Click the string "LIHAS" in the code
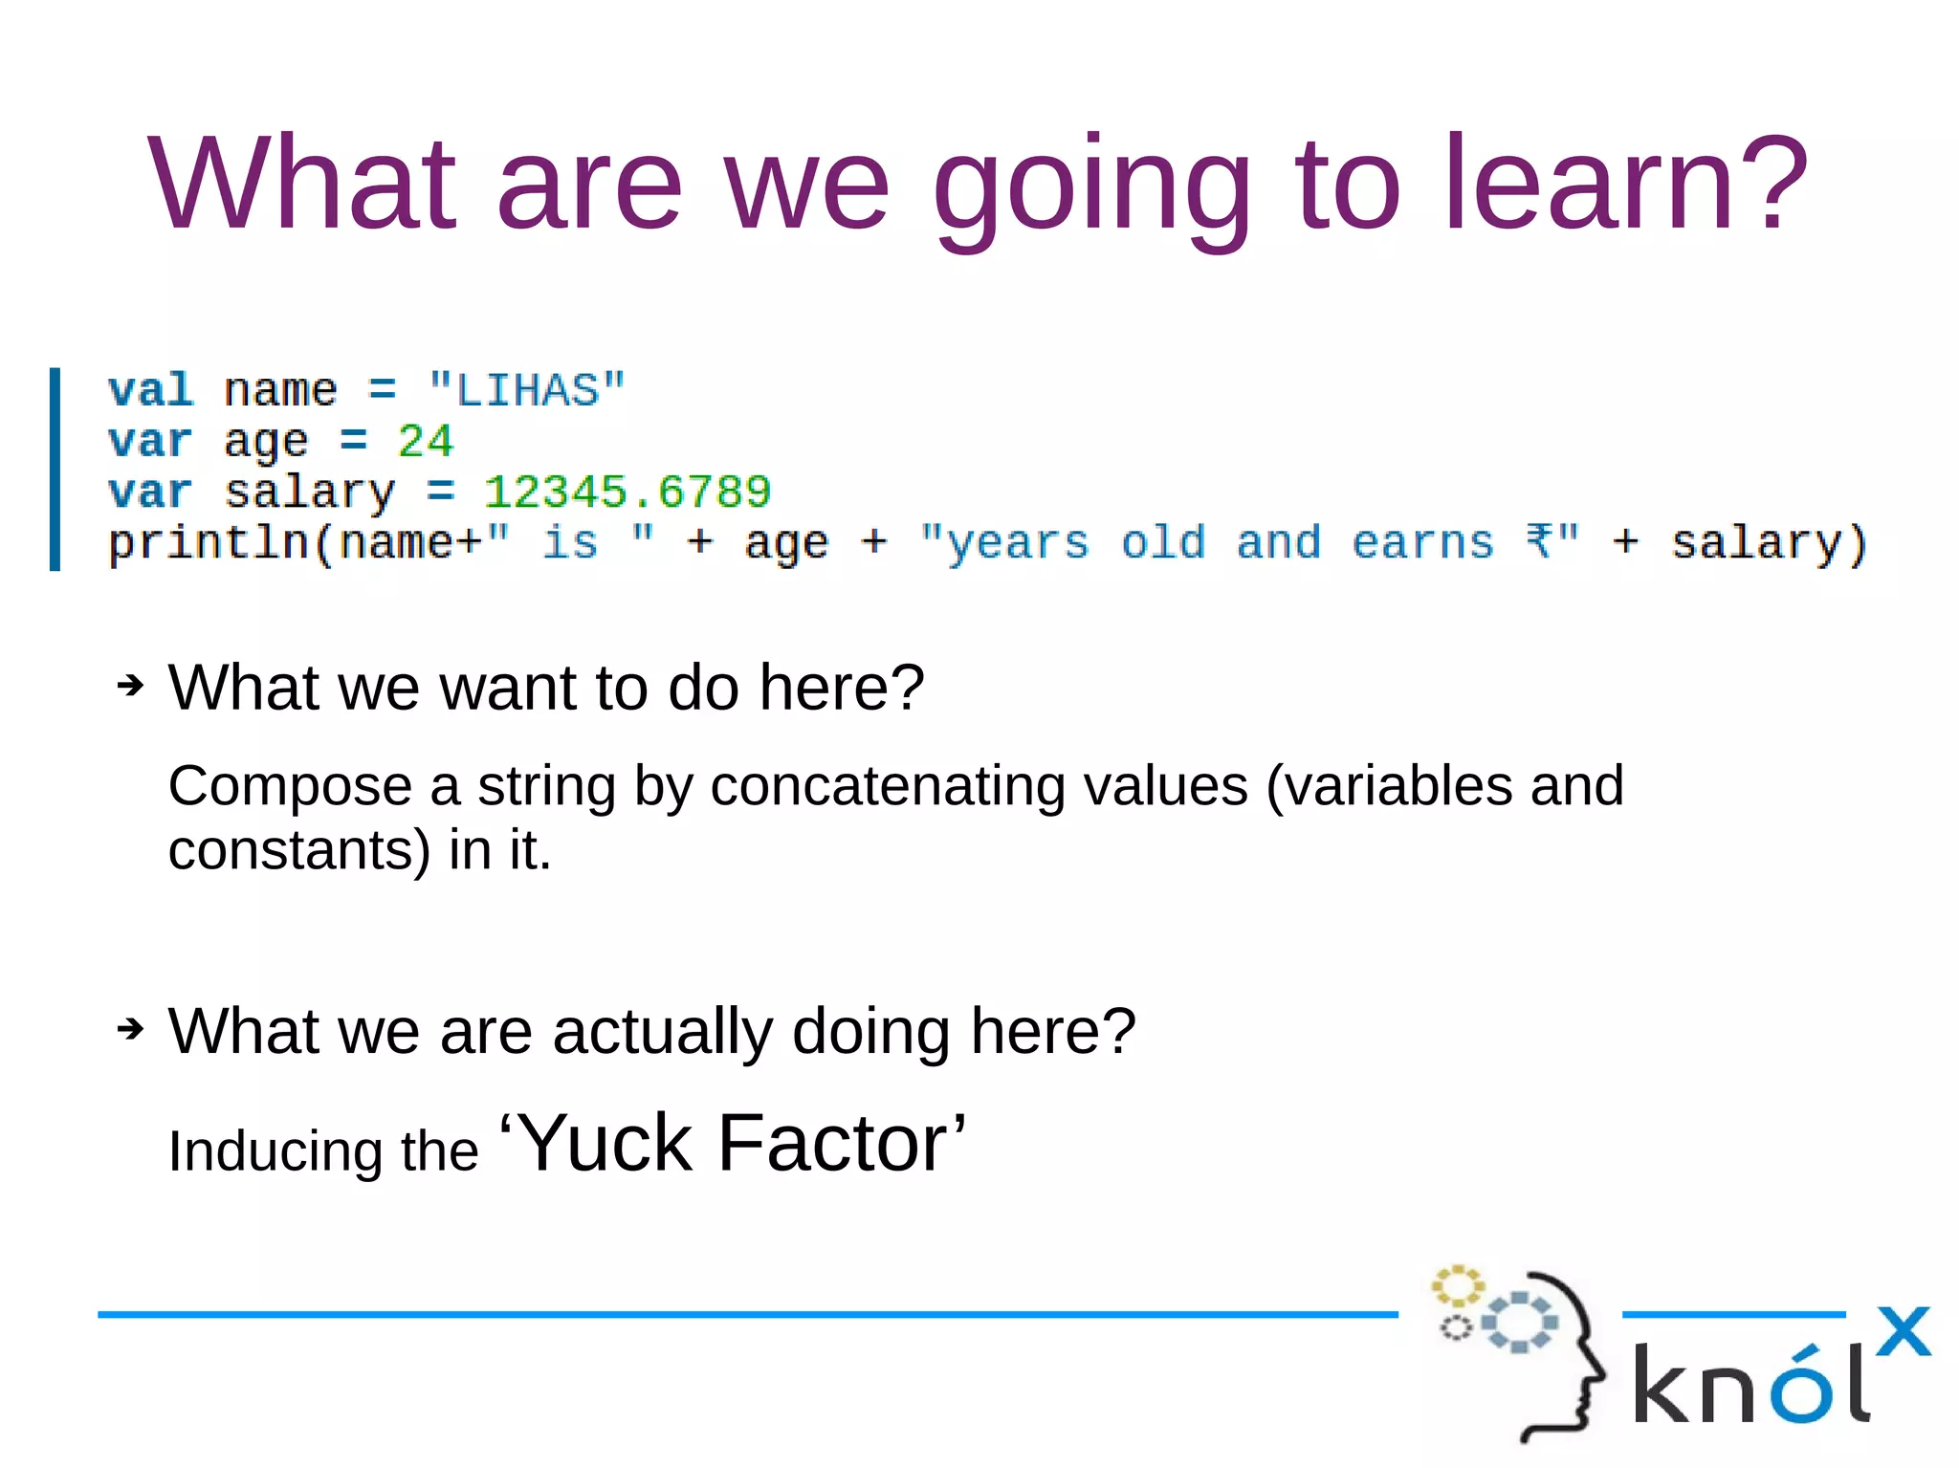click(x=526, y=390)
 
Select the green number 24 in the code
click(x=425, y=442)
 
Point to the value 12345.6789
click(x=627, y=493)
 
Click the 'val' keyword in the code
click(x=150, y=390)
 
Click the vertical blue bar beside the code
click(x=55, y=469)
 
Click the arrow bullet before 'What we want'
click(x=130, y=686)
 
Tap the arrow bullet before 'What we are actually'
click(x=130, y=1029)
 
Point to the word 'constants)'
click(x=299, y=849)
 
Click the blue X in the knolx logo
click(x=1903, y=1331)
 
